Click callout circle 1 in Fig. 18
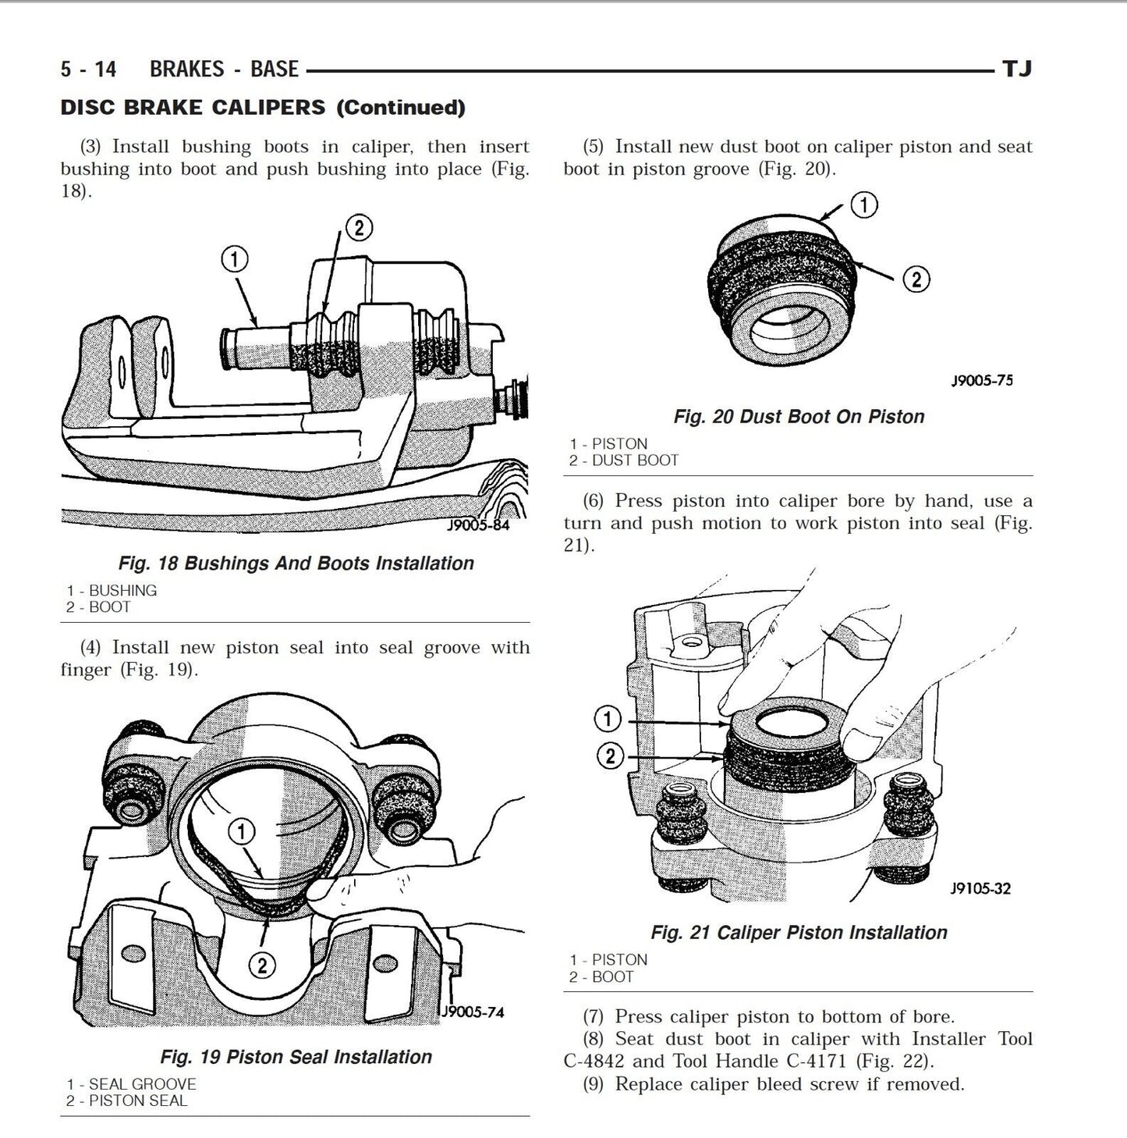(235, 259)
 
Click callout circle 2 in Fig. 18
(358, 227)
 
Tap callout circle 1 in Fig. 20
(863, 204)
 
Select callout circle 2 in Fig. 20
(916, 279)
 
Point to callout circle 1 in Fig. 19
(243, 832)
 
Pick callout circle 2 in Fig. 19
(262, 966)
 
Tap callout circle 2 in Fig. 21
(611, 755)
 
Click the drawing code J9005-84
(477, 525)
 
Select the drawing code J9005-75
(982, 381)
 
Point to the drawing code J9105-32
(980, 888)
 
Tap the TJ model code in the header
(1016, 69)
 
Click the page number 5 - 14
(88, 69)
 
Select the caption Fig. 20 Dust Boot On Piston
(799, 417)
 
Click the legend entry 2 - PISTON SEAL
(126, 1101)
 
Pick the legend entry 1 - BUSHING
(112, 590)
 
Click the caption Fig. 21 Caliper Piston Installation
(799, 933)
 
